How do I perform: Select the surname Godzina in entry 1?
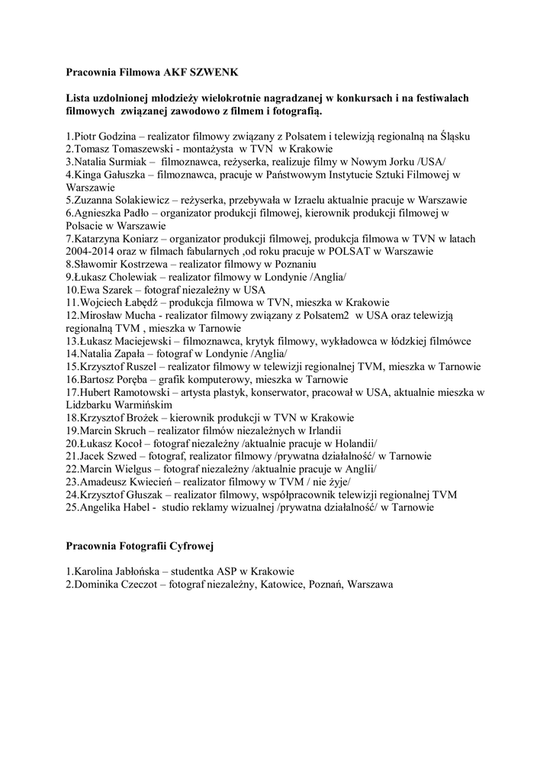(x=114, y=137)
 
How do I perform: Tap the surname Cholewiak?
(x=129, y=277)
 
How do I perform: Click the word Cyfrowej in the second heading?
(x=191, y=545)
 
